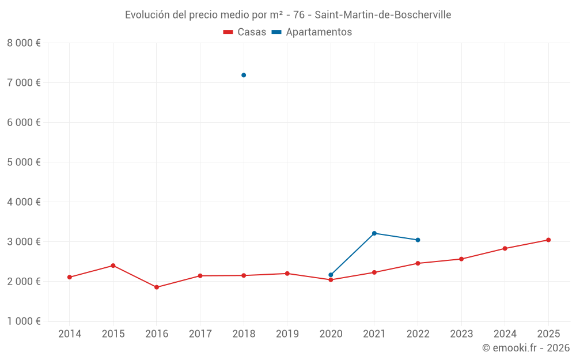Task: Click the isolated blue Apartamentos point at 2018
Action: click(244, 75)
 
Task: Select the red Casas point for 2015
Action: click(113, 266)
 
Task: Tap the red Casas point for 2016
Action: click(157, 287)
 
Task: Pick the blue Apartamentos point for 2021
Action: click(374, 233)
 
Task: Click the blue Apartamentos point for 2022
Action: click(418, 240)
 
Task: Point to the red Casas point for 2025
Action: click(548, 240)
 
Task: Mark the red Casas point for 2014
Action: click(70, 277)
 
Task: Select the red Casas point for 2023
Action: click(461, 259)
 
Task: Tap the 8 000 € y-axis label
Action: click(24, 43)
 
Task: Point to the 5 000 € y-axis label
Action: click(24, 162)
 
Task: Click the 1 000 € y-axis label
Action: click(24, 321)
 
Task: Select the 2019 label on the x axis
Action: click(287, 334)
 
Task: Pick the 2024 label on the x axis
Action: click(505, 334)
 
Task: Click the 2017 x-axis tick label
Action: click(200, 334)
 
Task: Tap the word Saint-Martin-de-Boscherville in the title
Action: click(382, 14)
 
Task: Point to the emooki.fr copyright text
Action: click(526, 348)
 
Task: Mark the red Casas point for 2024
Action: click(505, 248)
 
